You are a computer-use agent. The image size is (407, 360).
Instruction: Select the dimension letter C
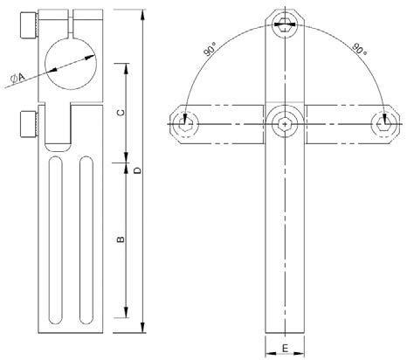point(122,113)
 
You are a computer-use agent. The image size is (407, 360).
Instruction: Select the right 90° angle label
point(357,49)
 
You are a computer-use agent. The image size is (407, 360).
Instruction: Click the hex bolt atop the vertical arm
point(286,24)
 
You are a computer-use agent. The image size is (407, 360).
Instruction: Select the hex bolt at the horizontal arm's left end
point(183,124)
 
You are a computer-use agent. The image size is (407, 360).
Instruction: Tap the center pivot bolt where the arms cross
point(286,124)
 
